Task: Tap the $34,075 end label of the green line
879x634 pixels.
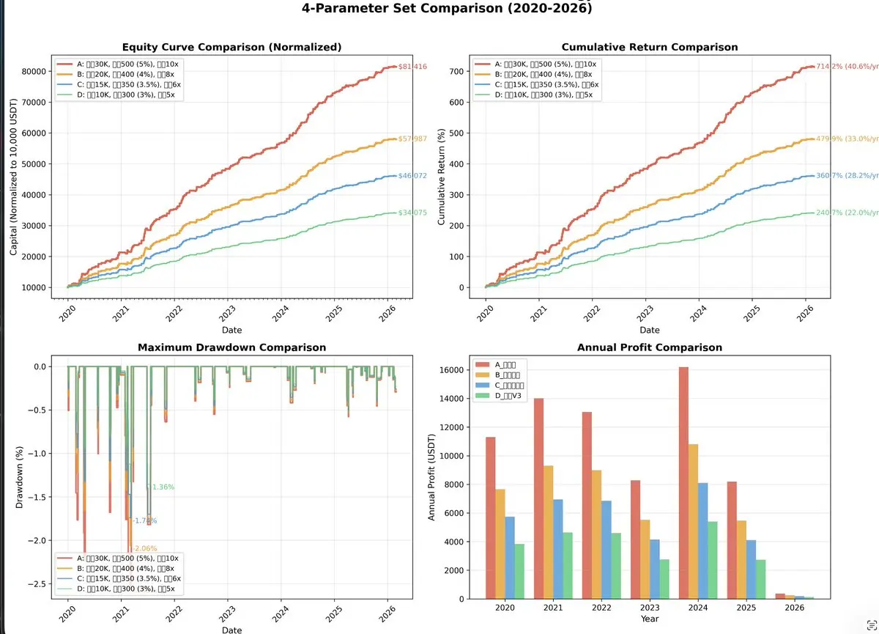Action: tap(412, 213)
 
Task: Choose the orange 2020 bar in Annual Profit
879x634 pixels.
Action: tap(500, 544)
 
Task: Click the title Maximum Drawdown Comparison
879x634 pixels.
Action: tap(233, 347)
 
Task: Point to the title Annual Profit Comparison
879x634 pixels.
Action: tap(649, 347)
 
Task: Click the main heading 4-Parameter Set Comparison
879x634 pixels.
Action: tap(447, 9)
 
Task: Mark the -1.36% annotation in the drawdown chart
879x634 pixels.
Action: tap(163, 487)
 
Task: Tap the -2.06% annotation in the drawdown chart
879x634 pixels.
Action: tap(144, 548)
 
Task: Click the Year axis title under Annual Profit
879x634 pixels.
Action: tap(649, 619)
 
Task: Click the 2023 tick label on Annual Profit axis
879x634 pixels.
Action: tap(649, 608)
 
